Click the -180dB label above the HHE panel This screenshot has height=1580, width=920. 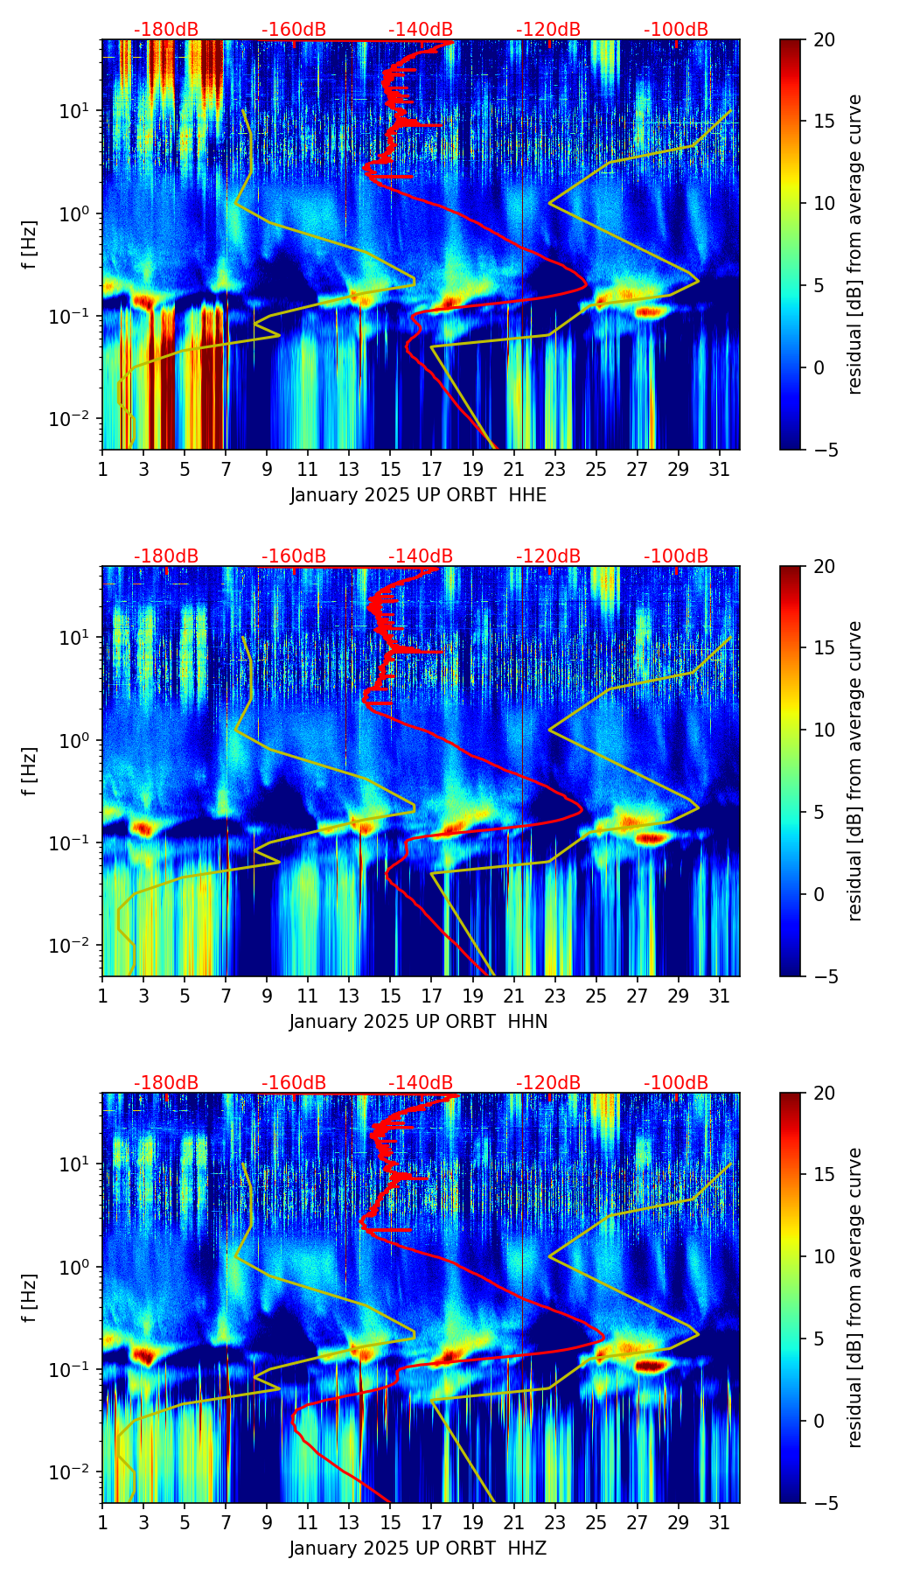tap(166, 30)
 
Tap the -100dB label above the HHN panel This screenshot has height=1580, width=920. tap(676, 556)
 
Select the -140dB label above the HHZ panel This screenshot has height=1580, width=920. tap(421, 1083)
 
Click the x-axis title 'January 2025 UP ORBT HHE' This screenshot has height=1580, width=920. tap(418, 495)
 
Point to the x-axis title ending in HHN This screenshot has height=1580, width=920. tap(418, 1022)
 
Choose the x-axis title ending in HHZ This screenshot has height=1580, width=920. tap(418, 1549)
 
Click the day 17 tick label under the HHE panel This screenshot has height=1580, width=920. tap(432, 468)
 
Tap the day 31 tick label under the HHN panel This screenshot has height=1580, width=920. tap(720, 995)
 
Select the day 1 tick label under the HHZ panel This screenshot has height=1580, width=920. tap(102, 1521)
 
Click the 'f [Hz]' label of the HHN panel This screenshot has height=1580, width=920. tap(30, 771)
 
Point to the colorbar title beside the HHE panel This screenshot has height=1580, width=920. tap(855, 244)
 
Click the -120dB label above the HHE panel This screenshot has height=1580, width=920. tap(548, 30)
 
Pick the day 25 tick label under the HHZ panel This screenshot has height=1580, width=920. tap(596, 1521)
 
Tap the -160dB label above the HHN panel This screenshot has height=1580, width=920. tap(294, 556)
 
